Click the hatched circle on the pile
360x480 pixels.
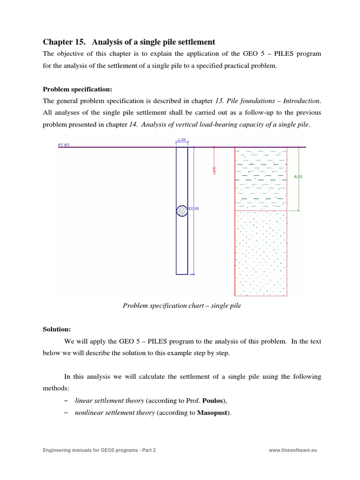pos(182,211)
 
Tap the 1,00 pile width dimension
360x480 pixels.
pos(182,140)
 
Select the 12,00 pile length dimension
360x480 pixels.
pos(193,209)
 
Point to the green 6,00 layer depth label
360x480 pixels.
pos(298,177)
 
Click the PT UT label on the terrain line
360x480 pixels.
pos(64,145)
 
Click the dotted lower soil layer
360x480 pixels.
pos(261,253)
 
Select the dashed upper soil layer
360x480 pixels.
pos(261,178)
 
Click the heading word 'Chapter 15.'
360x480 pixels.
pos(62,42)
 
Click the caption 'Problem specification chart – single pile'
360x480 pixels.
pos(182,306)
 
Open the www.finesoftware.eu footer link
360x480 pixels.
pos(293,450)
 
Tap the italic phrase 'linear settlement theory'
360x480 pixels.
pos(110,401)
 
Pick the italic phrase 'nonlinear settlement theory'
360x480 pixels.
pos(115,413)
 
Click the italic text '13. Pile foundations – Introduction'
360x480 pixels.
pos(267,101)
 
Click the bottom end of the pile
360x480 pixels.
pos(182,273)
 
